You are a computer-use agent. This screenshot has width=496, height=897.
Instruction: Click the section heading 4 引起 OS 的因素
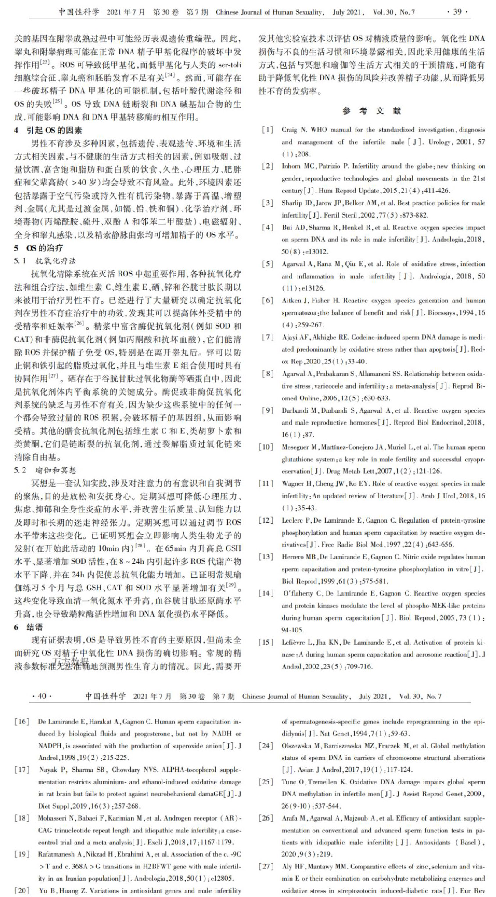[x=48, y=130]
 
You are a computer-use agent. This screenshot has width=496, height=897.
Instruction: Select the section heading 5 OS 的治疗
[x=38, y=248]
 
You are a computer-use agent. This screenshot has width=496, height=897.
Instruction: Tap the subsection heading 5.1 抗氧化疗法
[x=45, y=261]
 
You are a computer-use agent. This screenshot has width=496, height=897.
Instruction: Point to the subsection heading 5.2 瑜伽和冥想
[x=45, y=470]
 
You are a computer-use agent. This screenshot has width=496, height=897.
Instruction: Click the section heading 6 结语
[x=29, y=627]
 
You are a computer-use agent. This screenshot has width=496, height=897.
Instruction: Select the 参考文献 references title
[x=371, y=111]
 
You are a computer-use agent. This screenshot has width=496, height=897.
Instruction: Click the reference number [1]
[x=267, y=130]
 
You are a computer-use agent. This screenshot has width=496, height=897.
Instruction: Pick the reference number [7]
[x=267, y=337]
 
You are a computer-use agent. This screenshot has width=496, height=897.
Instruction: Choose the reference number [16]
[x=22, y=722]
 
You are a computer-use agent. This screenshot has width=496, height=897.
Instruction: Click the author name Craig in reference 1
[x=289, y=130]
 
